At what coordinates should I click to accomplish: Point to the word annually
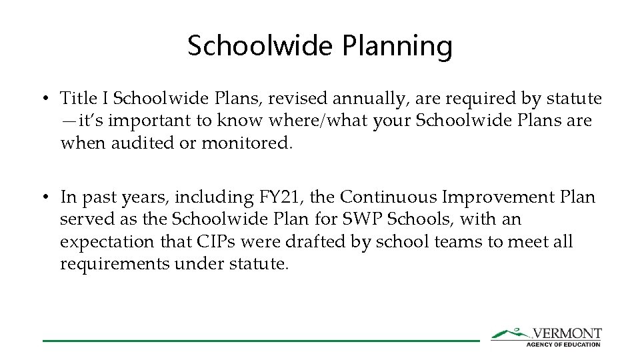[x=367, y=99]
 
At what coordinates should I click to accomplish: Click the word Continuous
[x=390, y=197]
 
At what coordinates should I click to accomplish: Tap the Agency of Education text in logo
[x=563, y=344]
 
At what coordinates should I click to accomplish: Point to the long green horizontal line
[x=261, y=341]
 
